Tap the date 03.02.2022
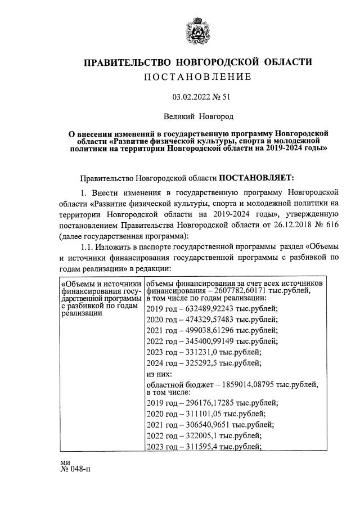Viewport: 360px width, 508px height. point(190,97)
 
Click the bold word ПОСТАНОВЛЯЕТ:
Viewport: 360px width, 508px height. point(256,178)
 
